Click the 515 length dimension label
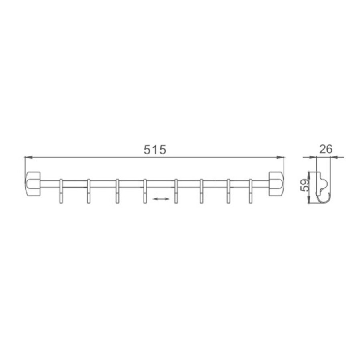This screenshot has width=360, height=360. (154, 150)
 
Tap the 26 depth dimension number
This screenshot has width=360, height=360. (326, 150)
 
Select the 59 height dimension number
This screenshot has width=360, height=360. (304, 186)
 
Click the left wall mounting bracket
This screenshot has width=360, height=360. (33, 184)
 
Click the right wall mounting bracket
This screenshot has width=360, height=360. (276, 184)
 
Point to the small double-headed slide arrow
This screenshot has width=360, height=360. (161, 199)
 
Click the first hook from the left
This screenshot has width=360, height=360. (61, 191)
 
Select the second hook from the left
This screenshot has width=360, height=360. (89, 191)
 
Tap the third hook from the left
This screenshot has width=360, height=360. (117, 191)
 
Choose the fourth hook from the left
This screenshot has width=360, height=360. (145, 191)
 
